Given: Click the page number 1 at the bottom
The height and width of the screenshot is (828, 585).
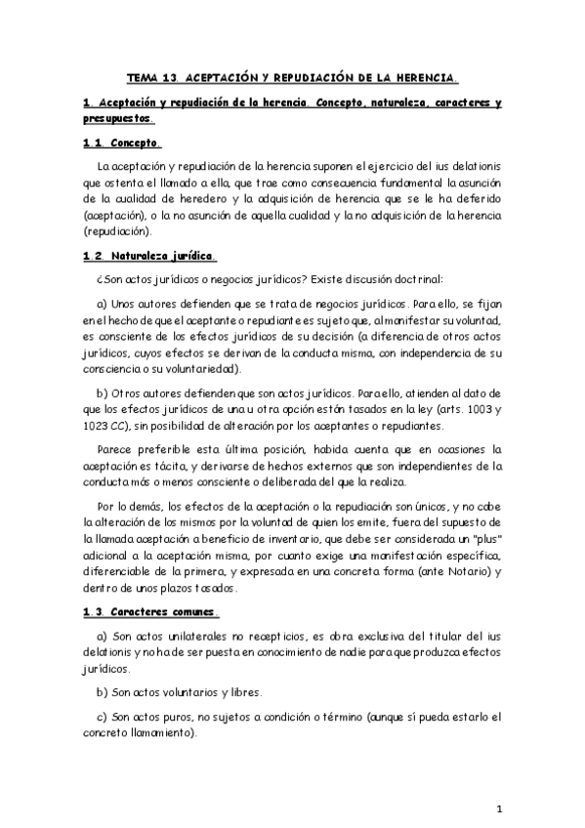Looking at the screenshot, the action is pos(498,809).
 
